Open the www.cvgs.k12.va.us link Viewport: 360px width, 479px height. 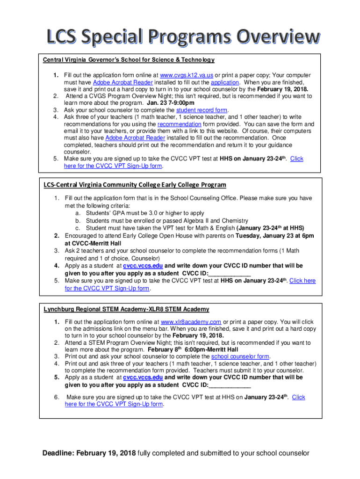187,75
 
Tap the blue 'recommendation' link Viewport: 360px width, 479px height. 180,124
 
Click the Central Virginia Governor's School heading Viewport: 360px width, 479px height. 129,60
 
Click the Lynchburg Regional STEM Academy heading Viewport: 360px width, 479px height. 126,309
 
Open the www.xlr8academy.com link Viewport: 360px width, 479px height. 191,322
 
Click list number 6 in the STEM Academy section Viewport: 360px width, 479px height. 56,397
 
